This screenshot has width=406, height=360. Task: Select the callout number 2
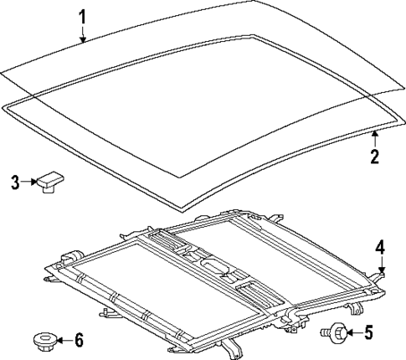pos(374,156)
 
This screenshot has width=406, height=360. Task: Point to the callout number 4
pos(379,247)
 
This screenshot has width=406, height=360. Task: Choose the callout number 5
pos(368,333)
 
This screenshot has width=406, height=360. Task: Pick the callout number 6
pos(79,340)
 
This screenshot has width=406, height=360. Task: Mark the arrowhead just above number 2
pos(374,136)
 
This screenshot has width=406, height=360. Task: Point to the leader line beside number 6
pos(64,340)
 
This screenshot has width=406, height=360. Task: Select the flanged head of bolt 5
pos(339,332)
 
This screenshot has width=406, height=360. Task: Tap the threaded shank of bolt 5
pos(325,333)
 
